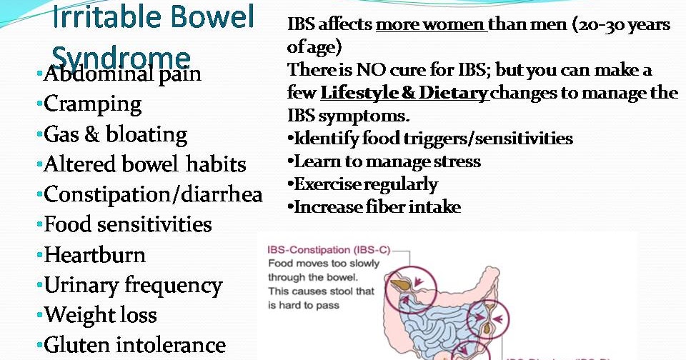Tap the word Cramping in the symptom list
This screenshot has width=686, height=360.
tap(93, 104)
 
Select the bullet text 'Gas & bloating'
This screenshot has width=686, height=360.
tap(115, 134)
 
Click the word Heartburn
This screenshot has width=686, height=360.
tap(94, 255)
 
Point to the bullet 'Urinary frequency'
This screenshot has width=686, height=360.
tap(133, 286)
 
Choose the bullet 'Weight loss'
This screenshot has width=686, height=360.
tap(100, 315)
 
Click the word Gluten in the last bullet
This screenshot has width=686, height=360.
tap(76, 346)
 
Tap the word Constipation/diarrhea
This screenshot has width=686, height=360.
tap(153, 194)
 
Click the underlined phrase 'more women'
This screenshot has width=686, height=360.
tap(431, 25)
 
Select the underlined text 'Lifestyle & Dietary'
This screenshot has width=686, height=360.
tap(404, 93)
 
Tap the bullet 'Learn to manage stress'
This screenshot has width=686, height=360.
tap(387, 161)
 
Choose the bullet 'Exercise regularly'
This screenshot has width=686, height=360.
tap(365, 184)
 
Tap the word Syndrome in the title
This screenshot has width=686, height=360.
tap(121, 58)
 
